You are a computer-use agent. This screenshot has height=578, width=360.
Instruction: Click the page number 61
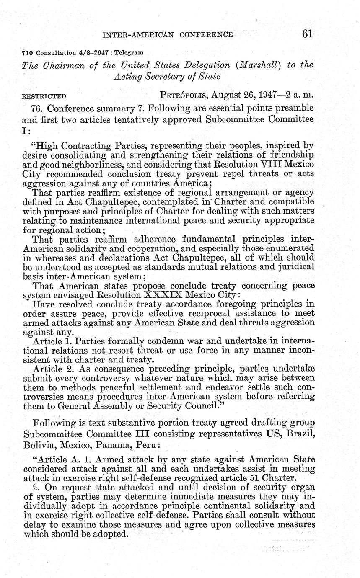tap(307, 34)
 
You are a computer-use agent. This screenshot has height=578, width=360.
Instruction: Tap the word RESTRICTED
tap(44, 96)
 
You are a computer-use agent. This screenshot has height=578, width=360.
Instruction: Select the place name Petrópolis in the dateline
tap(184, 95)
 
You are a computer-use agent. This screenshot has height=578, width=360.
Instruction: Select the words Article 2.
tap(49, 369)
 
